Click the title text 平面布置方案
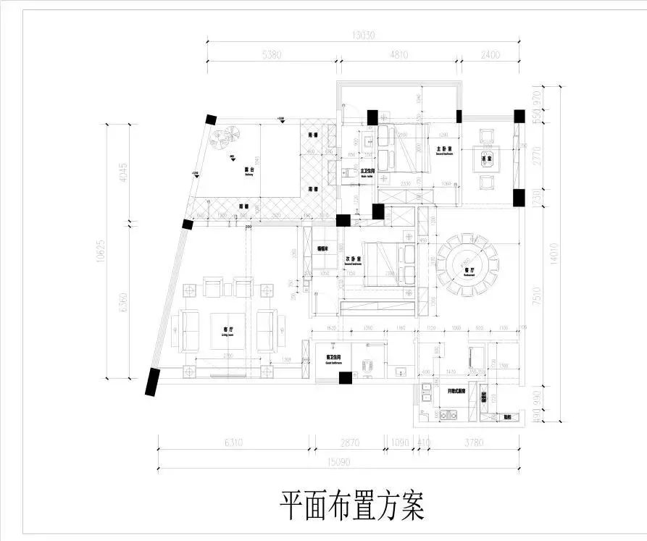pyautogui.click(x=351, y=506)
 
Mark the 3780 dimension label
pyautogui.click(x=472, y=442)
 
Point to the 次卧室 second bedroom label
pyautogui.click(x=353, y=259)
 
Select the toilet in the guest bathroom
pyautogui.click(x=369, y=364)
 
